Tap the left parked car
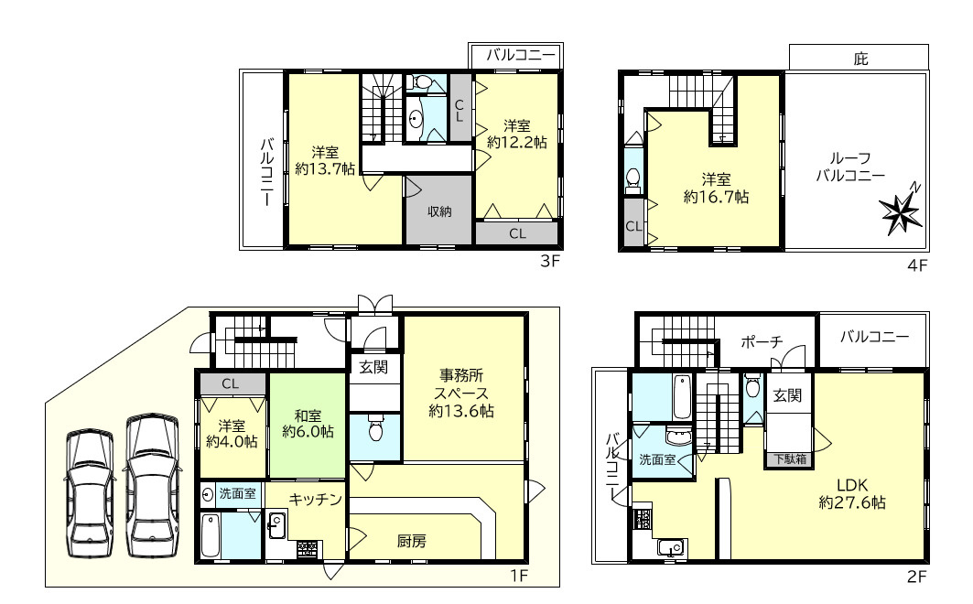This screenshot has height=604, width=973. click(91, 493)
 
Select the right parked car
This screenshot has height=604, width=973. click(153, 487)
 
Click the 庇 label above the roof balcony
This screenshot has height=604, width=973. click(860, 59)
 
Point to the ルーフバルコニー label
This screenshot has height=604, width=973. click(850, 167)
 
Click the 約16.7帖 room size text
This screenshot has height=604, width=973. click(716, 197)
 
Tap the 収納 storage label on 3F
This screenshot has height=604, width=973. click(439, 211)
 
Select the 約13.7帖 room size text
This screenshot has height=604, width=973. click(325, 168)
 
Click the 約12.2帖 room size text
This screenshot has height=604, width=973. click(517, 142)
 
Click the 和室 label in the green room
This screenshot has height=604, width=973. click(308, 415)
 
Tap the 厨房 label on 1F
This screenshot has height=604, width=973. click(411, 542)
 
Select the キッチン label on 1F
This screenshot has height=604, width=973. click(315, 499)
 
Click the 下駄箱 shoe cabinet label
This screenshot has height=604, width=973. click(790, 458)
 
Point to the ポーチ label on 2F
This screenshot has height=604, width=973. click(762, 341)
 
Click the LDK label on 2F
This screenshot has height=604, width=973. click(852, 485)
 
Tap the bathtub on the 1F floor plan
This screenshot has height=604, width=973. click(211, 535)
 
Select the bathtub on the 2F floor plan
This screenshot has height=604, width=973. click(682, 396)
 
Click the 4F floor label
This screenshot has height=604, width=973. click(917, 265)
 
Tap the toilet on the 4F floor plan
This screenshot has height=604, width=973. click(632, 178)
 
